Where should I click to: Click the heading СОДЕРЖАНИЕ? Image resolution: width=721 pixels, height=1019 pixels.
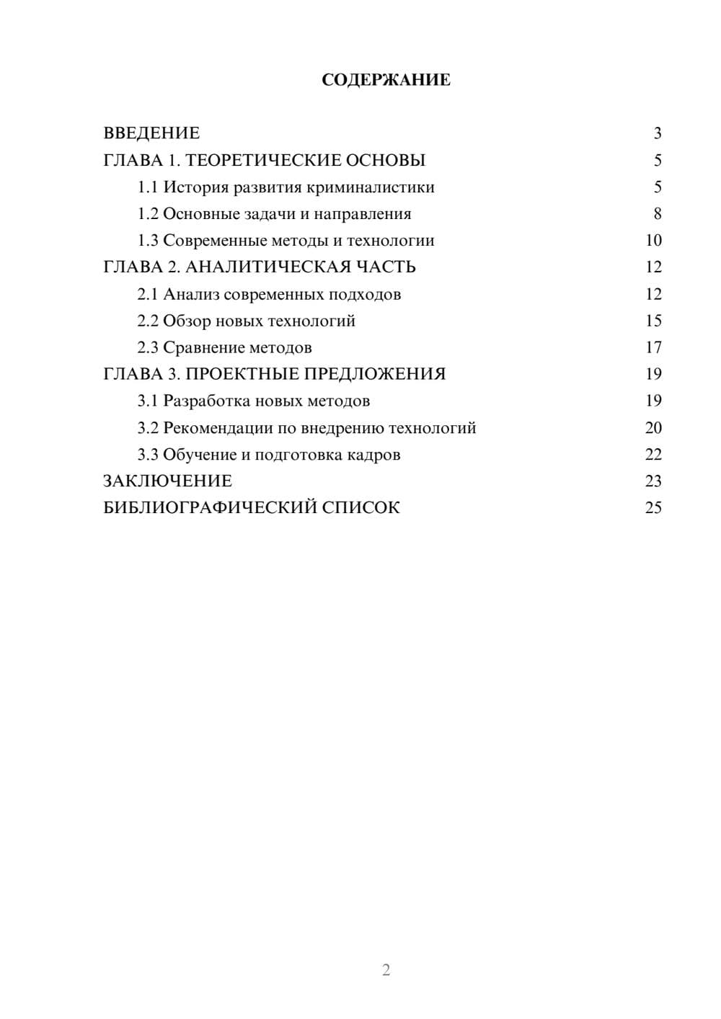coord(386,80)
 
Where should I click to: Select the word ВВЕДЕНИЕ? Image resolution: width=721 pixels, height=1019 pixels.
coord(151,133)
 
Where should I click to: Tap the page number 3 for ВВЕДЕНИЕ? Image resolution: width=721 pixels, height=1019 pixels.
coord(657,133)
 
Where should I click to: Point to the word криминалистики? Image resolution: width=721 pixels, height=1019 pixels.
coord(371,187)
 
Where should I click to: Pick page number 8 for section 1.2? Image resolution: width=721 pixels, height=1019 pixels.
coord(657,214)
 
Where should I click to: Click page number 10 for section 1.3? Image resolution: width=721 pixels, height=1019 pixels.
coord(653,241)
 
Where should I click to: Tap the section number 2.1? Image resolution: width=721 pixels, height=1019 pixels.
coord(148,294)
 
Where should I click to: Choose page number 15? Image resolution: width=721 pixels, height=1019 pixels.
coord(653,321)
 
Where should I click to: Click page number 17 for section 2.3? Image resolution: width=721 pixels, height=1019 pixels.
coord(653,347)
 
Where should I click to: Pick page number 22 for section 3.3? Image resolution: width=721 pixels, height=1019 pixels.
coord(653,455)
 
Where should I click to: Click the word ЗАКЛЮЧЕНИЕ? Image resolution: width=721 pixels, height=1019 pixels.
coord(168,481)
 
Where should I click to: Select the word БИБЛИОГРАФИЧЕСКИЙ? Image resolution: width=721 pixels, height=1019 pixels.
coord(210,507)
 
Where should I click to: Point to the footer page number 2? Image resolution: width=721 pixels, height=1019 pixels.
coord(386,970)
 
